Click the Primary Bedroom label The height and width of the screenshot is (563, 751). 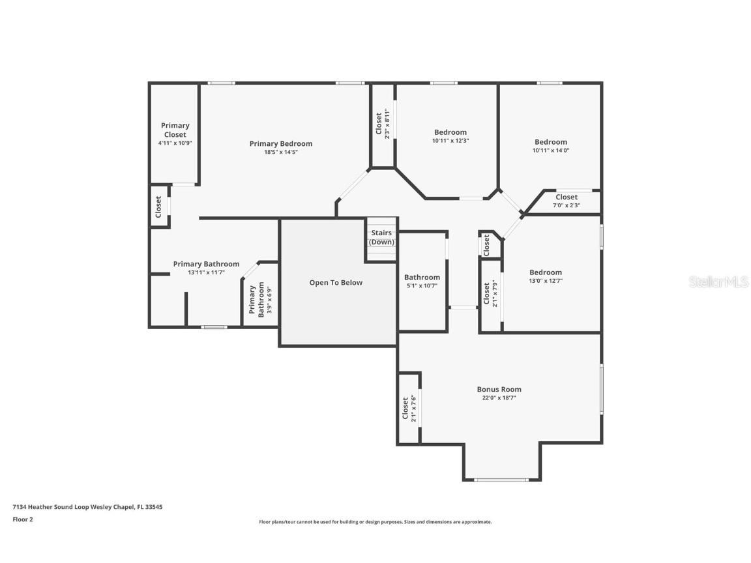coord(281,143)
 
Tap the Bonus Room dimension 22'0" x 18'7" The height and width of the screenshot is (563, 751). coord(499,398)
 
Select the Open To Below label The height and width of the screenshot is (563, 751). coord(336,282)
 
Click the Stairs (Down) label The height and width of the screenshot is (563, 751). coord(382,237)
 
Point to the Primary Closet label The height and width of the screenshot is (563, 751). coord(175,130)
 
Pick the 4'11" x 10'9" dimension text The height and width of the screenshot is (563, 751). coord(175,143)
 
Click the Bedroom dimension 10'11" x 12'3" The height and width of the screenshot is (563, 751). coord(450,141)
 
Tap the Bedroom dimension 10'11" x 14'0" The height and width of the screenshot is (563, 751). coord(551,151)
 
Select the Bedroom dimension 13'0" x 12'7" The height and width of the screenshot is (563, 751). coord(546,281)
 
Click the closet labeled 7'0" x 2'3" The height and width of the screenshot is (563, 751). coord(567,205)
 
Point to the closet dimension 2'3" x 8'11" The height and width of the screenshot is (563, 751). coord(387,124)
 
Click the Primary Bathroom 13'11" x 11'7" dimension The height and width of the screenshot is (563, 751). coord(206,272)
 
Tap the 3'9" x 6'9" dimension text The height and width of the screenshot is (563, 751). coord(269,300)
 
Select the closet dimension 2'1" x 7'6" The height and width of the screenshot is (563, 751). coord(413,409)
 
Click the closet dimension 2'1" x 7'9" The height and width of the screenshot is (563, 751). coord(495,293)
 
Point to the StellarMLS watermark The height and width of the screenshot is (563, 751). coord(718,281)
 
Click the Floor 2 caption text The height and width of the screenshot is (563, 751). coord(23,519)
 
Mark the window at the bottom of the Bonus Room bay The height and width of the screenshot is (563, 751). coord(501,480)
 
